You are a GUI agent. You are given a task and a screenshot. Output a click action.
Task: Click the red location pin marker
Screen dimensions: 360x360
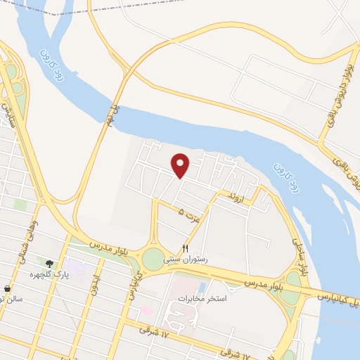click(x=181, y=165)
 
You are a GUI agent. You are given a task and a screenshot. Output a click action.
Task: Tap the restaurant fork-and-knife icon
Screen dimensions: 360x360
click(x=186, y=248)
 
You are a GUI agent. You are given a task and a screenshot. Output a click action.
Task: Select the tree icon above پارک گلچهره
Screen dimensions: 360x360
click(x=49, y=264)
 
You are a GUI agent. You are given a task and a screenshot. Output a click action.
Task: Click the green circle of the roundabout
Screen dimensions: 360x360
click(x=153, y=259)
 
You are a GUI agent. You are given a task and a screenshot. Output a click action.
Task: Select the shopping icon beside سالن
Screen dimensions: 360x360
click(x=7, y=288)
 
